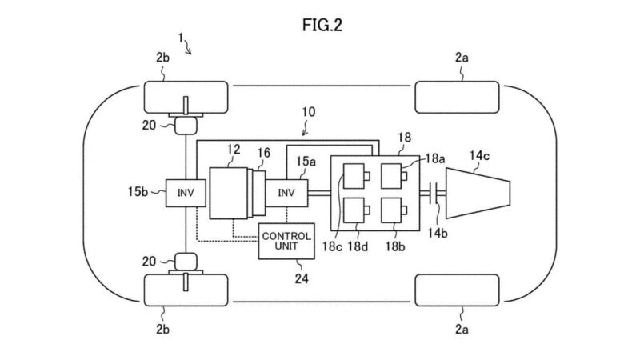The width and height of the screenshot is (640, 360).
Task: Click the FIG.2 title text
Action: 322,26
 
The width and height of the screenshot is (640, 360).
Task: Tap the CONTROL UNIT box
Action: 286,242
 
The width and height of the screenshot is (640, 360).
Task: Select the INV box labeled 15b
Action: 186,193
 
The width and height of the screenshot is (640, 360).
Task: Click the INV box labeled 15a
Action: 286,193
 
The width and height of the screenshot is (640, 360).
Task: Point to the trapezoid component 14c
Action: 478,193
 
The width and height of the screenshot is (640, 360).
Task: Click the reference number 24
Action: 302,278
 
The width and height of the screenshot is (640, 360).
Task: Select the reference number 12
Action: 234,150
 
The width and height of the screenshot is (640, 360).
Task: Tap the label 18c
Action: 332,246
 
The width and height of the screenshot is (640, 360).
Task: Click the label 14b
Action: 438,233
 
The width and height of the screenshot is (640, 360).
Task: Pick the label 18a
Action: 435,158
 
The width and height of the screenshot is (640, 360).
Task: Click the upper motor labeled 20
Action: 186,126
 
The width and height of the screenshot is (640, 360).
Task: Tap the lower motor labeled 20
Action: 186,262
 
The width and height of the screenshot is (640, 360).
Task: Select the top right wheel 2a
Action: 457,97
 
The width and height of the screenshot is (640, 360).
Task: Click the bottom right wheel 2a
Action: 457,290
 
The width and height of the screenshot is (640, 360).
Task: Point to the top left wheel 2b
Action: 186,97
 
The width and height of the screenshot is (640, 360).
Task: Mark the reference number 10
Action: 309,112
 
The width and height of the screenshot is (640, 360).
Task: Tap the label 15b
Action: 138,191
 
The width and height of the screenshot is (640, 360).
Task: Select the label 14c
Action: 479,155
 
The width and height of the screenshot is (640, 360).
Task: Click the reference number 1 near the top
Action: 181,38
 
